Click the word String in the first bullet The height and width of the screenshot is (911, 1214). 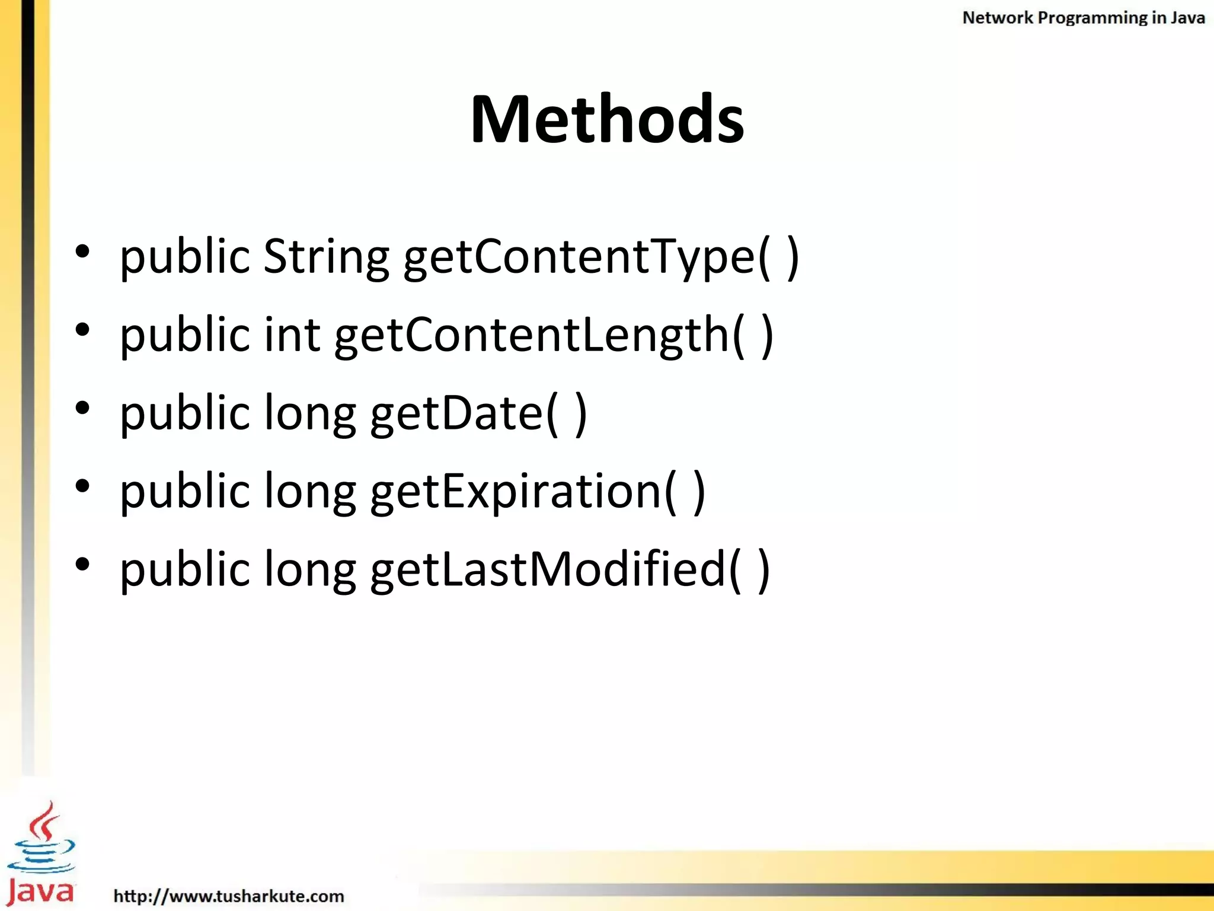coord(325,256)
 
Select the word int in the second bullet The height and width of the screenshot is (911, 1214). coord(292,335)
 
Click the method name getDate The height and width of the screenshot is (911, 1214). coord(457,413)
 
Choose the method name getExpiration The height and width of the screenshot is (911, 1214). coord(516,492)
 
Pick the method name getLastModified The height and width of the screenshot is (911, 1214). coord(548,569)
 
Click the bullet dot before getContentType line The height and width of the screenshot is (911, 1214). coord(82,251)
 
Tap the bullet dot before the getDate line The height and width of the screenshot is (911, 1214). coord(82,407)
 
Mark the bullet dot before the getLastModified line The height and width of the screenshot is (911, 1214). coord(82,563)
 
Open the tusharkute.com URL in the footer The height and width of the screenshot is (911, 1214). coord(228,896)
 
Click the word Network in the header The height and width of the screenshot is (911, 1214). coord(997,18)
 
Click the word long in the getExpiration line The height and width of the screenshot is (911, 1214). coord(309,492)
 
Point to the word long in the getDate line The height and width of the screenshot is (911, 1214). coord(309,413)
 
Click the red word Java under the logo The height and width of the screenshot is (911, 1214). coord(41,891)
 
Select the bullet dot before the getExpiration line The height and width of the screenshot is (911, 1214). coord(82,486)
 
